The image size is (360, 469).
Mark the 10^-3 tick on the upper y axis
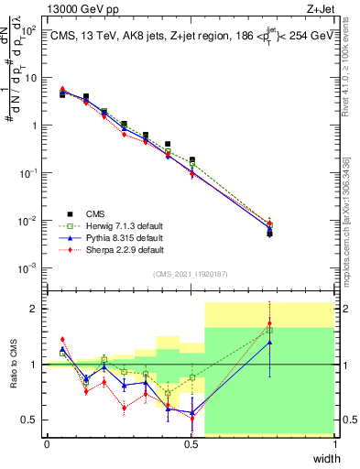27,268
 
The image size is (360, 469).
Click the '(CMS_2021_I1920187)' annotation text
190,274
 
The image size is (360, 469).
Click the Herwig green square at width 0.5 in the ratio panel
191,377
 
